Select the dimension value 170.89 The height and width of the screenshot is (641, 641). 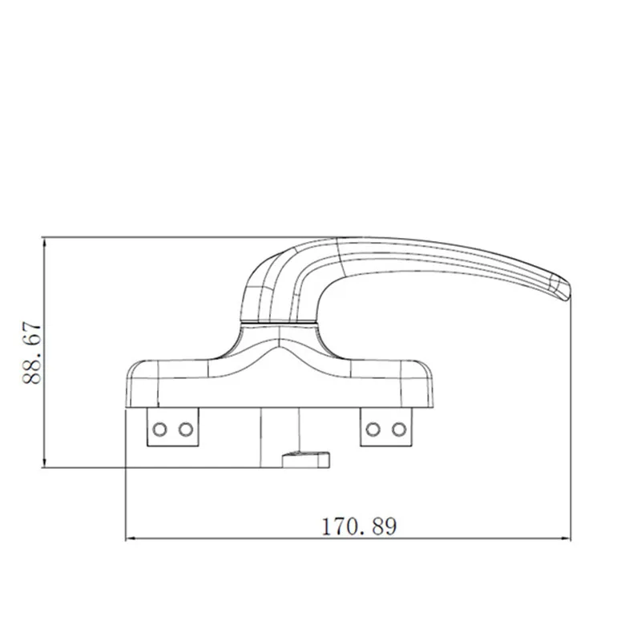click(359, 526)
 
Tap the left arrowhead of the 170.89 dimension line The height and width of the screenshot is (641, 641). click(131, 538)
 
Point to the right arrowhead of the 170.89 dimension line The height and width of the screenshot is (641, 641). click(570, 538)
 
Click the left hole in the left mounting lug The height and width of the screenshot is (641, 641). click(159, 429)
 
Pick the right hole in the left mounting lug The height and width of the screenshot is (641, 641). click(185, 429)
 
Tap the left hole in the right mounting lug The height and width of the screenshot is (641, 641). click(372, 429)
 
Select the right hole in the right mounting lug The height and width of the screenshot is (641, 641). click(397, 429)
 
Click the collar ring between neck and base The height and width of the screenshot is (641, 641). click(280, 323)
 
